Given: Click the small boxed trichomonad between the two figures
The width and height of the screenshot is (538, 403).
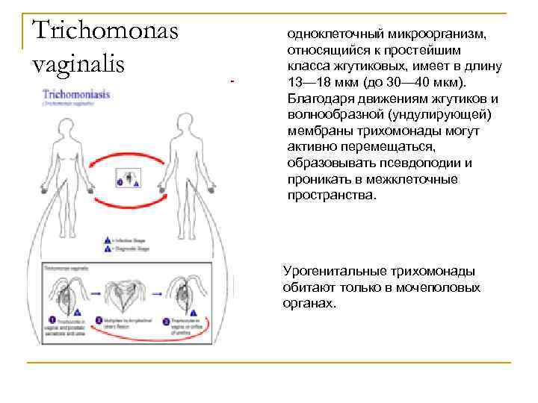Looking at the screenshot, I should tap(130, 179).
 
